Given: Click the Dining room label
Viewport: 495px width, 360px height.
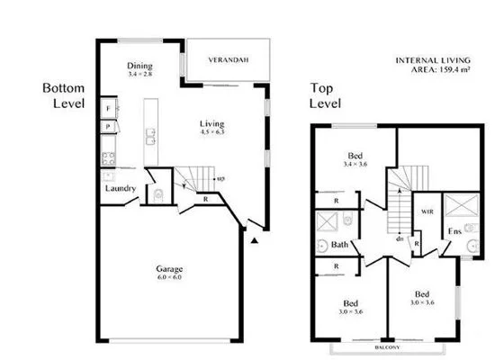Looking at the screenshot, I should click(x=139, y=66).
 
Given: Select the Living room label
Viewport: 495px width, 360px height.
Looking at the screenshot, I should click(x=211, y=123).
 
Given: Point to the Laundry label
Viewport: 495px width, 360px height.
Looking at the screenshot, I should click(x=120, y=188).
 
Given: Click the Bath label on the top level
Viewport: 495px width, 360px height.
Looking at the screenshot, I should click(x=339, y=244).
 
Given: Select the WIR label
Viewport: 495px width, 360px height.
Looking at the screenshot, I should click(x=428, y=212).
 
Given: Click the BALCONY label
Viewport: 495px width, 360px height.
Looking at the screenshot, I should click(x=389, y=345).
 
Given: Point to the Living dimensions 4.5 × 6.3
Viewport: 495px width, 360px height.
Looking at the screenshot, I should click(x=211, y=133).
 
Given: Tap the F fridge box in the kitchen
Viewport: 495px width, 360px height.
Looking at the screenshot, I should click(x=108, y=109).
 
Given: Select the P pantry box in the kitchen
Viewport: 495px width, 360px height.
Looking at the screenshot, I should click(x=108, y=129).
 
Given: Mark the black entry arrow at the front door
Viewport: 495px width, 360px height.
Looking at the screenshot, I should click(x=256, y=240).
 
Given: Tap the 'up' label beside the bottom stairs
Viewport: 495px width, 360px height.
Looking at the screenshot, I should click(x=221, y=179).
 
